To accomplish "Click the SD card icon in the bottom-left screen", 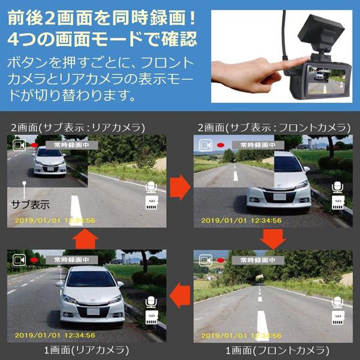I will [152, 318].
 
